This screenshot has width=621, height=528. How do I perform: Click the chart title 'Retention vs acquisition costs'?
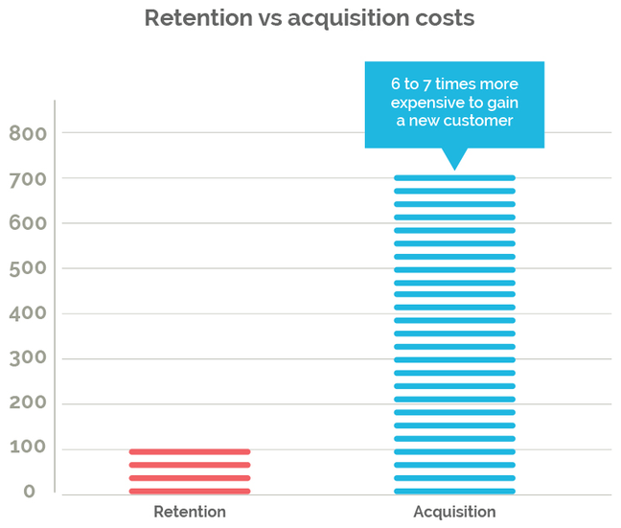point(309,19)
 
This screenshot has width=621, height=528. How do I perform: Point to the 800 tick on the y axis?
point(28,134)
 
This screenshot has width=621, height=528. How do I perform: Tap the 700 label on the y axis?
point(28,179)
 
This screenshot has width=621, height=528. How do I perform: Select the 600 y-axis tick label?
point(28,224)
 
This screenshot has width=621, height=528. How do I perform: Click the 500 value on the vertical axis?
point(28,269)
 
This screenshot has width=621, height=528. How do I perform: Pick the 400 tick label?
point(28,314)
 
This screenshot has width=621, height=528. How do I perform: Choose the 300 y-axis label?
point(28,359)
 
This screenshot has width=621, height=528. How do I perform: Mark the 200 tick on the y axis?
point(28,404)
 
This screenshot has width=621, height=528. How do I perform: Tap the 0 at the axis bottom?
point(30,492)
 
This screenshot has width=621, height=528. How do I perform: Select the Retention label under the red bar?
point(190,512)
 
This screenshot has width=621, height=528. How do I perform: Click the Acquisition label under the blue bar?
point(454,512)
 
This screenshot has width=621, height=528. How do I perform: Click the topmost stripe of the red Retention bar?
point(190,451)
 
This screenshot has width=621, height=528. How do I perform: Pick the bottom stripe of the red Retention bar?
point(190,491)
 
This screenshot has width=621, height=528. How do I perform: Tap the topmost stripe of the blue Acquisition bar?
point(454,177)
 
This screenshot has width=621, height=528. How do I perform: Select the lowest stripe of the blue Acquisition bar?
point(454,491)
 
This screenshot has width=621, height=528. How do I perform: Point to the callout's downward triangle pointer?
point(454,158)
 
